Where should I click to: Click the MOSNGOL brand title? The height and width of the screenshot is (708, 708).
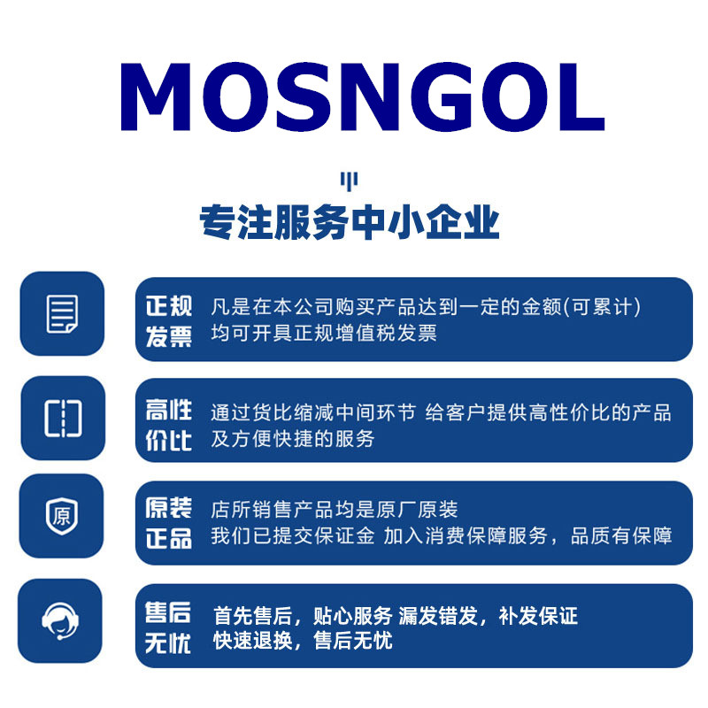[362, 96]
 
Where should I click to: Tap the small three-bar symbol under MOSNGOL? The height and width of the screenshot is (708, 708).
[349, 181]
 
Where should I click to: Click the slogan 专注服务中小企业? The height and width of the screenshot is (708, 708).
[349, 222]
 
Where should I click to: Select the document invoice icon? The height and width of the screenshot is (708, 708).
[62, 314]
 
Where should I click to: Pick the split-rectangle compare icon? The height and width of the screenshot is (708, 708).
[63, 418]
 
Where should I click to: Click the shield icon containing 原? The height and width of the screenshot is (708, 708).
[62, 516]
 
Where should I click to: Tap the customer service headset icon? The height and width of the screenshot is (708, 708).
[60, 621]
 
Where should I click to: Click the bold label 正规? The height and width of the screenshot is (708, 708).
[169, 306]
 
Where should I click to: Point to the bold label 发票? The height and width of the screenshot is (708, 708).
[169, 337]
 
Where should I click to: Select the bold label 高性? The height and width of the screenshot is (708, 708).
[169, 410]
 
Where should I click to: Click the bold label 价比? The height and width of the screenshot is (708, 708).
[169, 441]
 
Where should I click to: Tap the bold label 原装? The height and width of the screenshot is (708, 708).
[169, 507]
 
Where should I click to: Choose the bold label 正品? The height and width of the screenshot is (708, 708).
[169, 538]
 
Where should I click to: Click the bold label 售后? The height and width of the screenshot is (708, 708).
[168, 612]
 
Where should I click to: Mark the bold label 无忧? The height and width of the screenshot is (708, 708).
[168, 643]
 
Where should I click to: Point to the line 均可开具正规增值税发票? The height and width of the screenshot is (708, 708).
[324, 334]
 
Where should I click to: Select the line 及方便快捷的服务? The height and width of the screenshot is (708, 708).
[293, 439]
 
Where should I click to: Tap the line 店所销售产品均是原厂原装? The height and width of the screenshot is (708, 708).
[335, 510]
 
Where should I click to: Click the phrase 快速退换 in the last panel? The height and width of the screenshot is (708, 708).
[253, 641]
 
